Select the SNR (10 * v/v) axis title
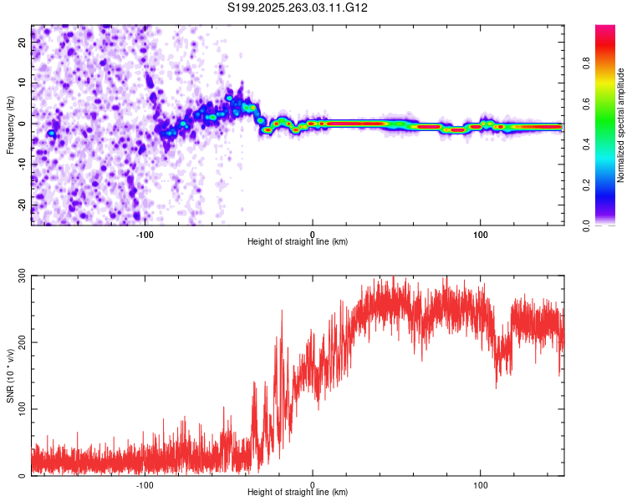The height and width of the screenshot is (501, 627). pyautogui.click(x=10, y=376)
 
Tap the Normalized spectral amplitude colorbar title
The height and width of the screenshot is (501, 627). pyautogui.click(x=621, y=125)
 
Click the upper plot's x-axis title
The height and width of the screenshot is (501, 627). pyautogui.click(x=298, y=241)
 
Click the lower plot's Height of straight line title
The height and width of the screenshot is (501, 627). pyautogui.click(x=298, y=492)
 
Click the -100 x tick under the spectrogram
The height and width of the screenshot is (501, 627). pyautogui.click(x=145, y=233)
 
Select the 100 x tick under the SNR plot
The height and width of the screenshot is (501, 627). pyautogui.click(x=481, y=483)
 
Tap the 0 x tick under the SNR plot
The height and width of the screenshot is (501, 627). pyautogui.click(x=313, y=483)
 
